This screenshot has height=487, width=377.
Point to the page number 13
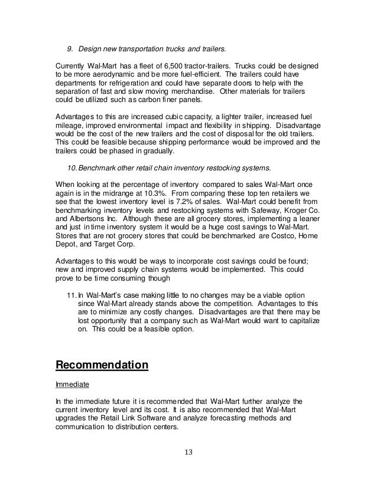pos(188,453)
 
